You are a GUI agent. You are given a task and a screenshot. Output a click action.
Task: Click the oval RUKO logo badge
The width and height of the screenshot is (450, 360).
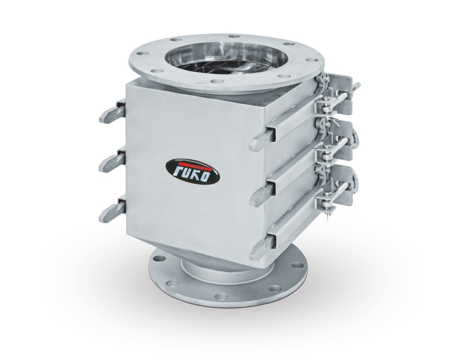[x=193, y=171]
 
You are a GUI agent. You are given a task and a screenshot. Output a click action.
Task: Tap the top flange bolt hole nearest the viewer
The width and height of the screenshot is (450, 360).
[x=217, y=81]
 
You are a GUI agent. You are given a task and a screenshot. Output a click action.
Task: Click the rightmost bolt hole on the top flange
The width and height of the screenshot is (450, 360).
[x=311, y=60]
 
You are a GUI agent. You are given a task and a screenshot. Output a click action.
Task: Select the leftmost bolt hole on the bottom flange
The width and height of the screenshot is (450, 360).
[x=157, y=259]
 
